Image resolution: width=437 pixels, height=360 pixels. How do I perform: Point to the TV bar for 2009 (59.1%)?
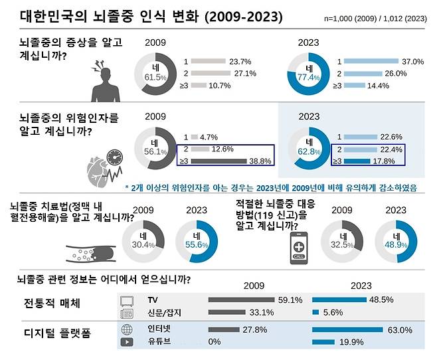[x=242, y=300]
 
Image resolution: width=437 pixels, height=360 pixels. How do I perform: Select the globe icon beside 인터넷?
[x=126, y=330]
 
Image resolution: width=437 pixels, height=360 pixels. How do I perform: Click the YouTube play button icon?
[x=126, y=343]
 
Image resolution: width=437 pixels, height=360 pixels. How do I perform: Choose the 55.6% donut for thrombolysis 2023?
[x=195, y=240]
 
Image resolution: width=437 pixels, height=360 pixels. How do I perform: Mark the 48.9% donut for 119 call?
[x=396, y=240]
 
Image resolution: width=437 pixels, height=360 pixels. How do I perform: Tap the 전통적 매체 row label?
[x=52, y=305]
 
